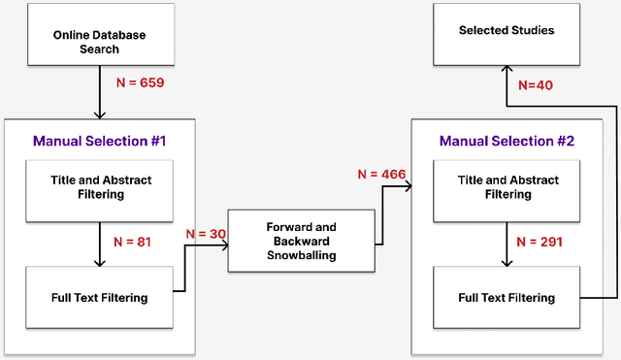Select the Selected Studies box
click(507, 31)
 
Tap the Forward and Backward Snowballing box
click(301, 240)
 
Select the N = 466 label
click(381, 175)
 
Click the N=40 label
click(535, 84)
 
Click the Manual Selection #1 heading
click(100, 141)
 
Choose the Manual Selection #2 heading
click(507, 141)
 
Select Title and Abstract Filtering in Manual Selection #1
click(101, 187)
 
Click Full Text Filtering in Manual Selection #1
click(101, 298)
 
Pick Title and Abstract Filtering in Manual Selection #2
click(507, 187)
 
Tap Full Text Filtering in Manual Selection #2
click(507, 298)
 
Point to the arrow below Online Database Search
click(101, 97)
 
